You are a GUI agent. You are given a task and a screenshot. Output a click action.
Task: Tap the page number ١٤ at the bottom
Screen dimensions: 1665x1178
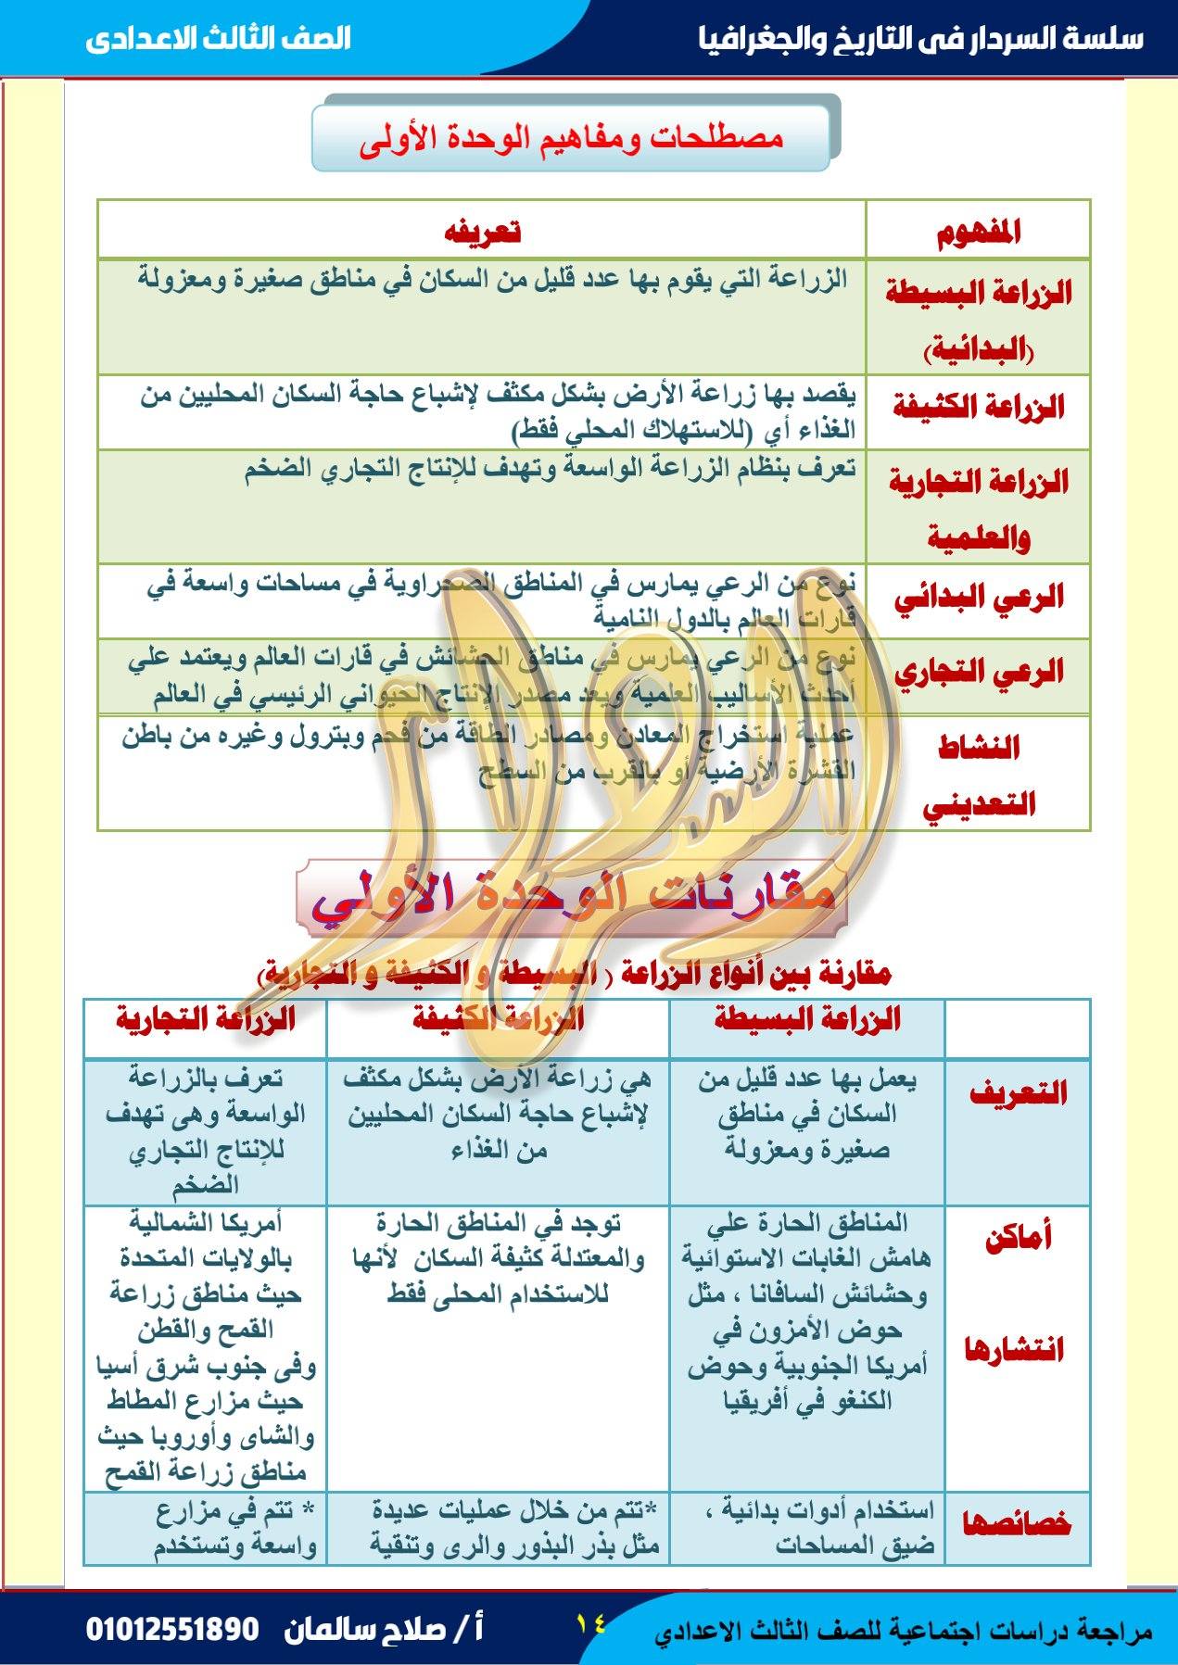coord(589,1622)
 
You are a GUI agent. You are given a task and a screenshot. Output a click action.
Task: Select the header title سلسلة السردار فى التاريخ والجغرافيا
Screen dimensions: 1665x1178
coord(921,39)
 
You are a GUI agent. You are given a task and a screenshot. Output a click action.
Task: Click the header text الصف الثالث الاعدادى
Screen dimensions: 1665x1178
coord(219,40)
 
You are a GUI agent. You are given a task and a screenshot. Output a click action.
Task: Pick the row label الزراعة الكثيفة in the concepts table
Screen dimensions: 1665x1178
coord(978,408)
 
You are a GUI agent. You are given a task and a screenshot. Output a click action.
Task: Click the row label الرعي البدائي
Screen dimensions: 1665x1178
coord(978,598)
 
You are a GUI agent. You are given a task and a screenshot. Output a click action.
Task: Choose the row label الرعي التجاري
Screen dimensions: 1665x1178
coord(978,674)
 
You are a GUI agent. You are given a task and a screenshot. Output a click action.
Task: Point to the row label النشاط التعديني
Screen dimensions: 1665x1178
coord(978,775)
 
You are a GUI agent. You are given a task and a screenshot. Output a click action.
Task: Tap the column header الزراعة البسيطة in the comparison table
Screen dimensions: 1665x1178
coord(807,1020)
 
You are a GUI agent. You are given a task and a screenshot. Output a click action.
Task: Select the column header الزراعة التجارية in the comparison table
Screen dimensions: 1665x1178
coord(205,1020)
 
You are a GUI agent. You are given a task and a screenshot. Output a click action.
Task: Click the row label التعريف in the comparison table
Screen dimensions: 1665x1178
coord(1018,1093)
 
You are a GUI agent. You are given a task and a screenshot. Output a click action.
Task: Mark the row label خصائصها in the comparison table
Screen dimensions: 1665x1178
coord(1018,1524)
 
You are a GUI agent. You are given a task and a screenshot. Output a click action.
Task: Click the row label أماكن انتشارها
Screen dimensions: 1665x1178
coord(1018,1293)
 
